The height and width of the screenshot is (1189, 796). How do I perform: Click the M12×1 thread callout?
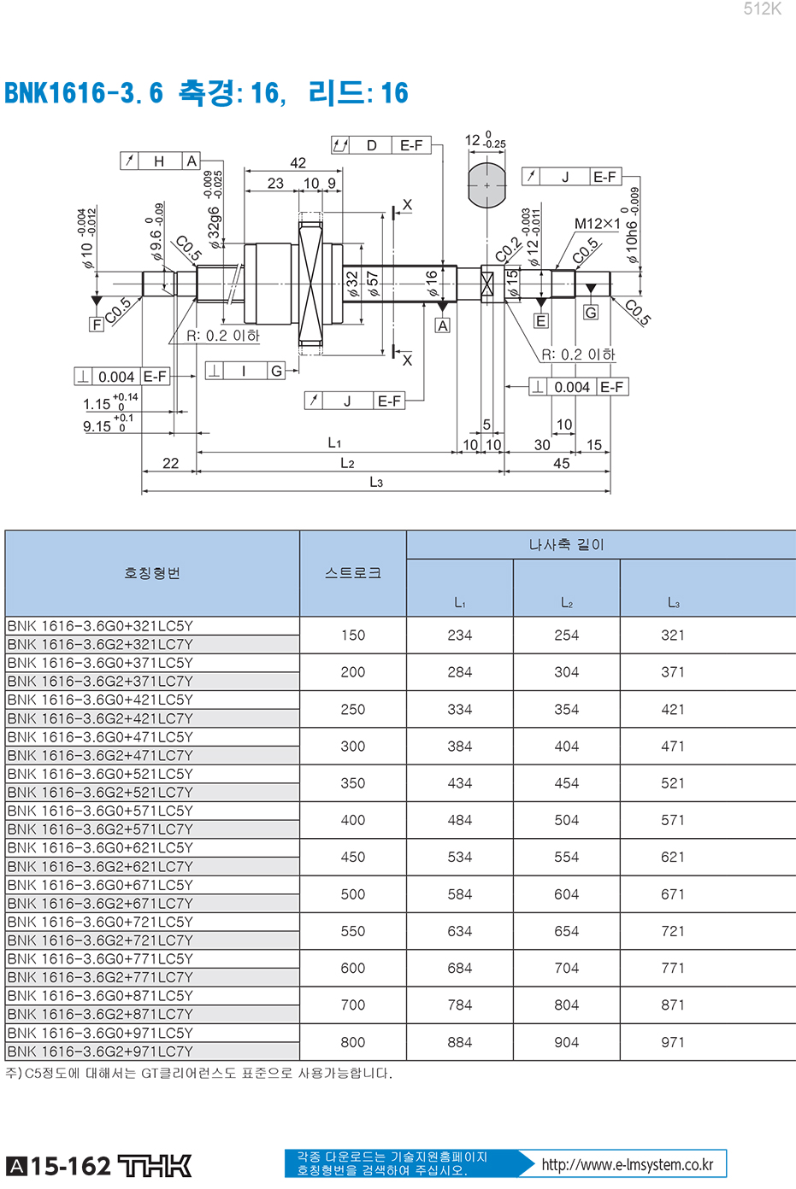[597, 224]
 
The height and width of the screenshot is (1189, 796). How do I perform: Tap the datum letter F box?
[96, 325]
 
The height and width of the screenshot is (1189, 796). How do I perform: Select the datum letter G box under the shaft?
[590, 313]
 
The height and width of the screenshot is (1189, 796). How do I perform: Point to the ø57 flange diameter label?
[372, 284]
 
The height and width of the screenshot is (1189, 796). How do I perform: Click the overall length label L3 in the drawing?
[376, 482]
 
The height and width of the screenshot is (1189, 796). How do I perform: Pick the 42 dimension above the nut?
[298, 163]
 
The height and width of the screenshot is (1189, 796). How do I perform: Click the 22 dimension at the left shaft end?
[171, 464]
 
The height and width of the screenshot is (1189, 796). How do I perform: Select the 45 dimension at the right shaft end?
[562, 464]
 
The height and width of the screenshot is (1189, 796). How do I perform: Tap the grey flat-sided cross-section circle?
[486, 185]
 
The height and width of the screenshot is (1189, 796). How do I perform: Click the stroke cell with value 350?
[353, 783]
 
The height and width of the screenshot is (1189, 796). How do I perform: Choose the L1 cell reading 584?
[460, 893]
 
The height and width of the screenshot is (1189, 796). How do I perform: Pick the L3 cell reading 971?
[673, 1042]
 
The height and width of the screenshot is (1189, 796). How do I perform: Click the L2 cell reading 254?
[567, 635]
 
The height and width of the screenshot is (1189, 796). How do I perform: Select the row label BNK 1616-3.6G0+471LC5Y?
[100, 737]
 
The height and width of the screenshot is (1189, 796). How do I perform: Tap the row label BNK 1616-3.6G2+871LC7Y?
[100, 1014]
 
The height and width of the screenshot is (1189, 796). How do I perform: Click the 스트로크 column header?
[353, 573]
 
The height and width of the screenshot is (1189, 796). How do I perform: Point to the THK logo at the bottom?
[154, 1166]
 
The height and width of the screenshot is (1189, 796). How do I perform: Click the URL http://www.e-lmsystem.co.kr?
[628, 1164]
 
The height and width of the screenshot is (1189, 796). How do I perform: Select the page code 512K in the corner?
[762, 9]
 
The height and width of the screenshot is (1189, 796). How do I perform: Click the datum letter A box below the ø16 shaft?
[443, 325]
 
